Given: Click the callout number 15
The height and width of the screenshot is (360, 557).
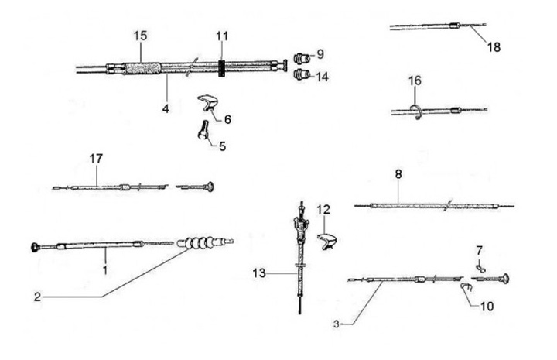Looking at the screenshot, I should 139,36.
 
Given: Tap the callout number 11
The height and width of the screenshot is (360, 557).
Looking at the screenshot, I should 222,36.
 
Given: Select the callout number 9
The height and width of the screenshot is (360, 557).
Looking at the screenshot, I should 321,55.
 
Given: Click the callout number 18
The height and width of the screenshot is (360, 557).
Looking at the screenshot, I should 494,47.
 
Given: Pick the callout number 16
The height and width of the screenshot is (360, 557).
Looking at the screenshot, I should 415,81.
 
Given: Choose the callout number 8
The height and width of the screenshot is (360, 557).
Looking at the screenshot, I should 398,175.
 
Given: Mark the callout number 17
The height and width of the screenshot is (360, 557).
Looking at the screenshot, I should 96,159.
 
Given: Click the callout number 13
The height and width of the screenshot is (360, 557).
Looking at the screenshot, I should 259,273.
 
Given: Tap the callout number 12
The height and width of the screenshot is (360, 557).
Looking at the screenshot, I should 323,209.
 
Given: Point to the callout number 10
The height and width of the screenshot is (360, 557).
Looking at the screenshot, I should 485,305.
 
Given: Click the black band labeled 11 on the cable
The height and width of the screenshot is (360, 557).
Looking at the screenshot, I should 221,68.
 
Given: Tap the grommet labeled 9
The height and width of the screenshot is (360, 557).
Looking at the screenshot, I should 303,57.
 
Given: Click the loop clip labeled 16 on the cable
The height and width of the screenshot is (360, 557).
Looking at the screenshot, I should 415,109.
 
